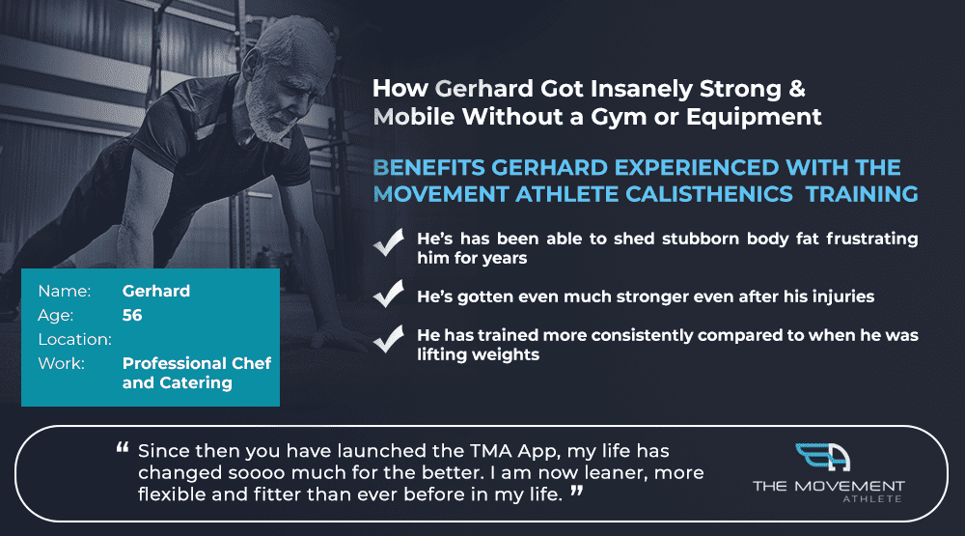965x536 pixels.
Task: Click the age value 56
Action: [132, 316]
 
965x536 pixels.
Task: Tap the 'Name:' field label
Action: [64, 291]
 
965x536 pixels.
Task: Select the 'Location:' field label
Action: [74, 339]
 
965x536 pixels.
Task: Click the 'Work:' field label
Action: [61, 363]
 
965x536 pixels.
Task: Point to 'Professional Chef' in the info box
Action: [197, 363]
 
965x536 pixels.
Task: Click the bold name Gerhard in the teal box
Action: [156, 291]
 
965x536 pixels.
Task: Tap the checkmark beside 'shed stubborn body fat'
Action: [388, 242]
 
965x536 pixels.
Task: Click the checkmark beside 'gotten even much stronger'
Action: [388, 294]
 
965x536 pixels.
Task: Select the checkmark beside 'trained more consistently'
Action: [388, 339]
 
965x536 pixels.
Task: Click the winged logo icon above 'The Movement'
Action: [823, 458]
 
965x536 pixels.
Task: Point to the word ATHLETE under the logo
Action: [872, 499]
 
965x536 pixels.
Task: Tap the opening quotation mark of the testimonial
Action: [123, 448]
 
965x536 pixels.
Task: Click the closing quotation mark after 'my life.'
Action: [577, 491]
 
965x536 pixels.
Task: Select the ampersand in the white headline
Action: [796, 89]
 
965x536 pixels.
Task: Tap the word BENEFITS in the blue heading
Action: [429, 168]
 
